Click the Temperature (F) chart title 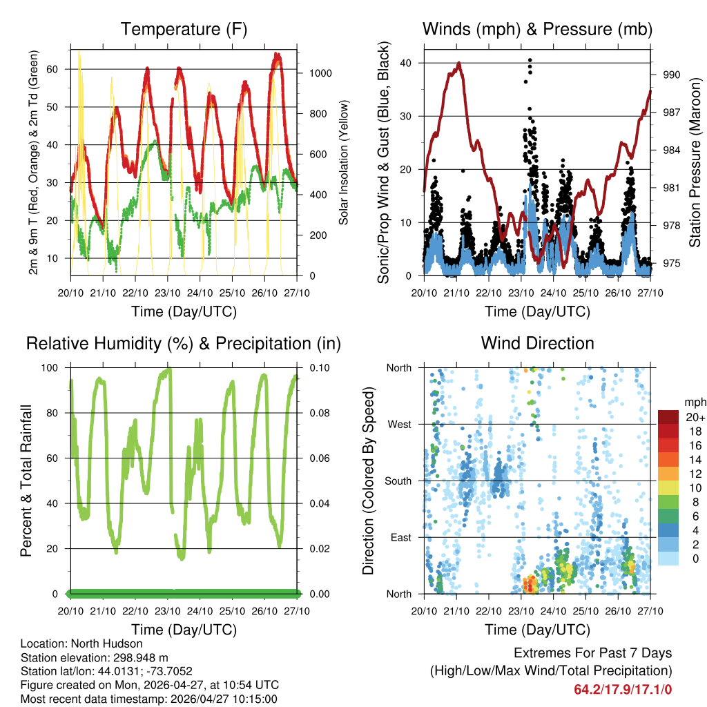[x=184, y=29]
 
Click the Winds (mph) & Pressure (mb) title [x=538, y=29]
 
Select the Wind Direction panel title [x=537, y=342]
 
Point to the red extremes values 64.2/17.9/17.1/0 [x=623, y=689]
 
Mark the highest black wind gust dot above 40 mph [x=530, y=60]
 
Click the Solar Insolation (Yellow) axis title [x=343, y=162]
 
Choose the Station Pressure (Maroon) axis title [x=695, y=162]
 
